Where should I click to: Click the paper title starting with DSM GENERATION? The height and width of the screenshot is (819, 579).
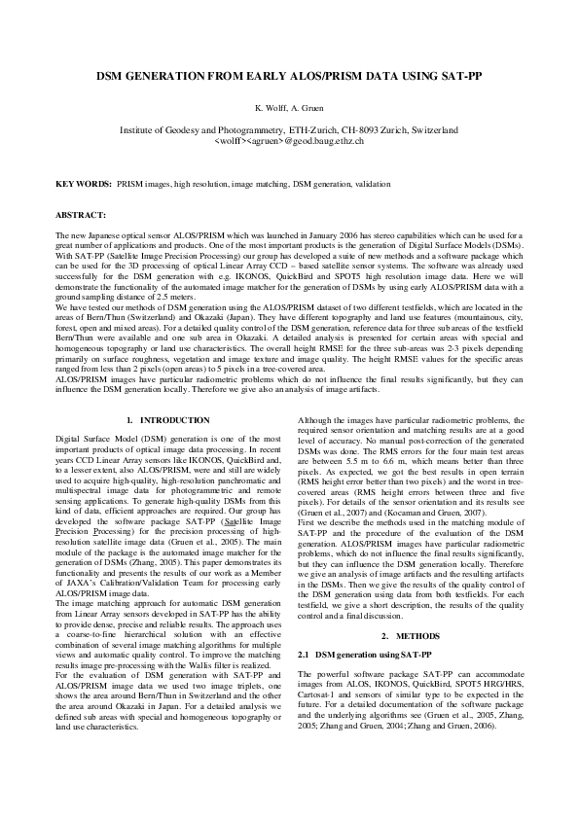289,75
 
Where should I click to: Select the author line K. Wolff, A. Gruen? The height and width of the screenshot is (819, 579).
289,107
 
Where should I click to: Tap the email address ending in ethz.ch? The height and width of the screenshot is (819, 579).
289,141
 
